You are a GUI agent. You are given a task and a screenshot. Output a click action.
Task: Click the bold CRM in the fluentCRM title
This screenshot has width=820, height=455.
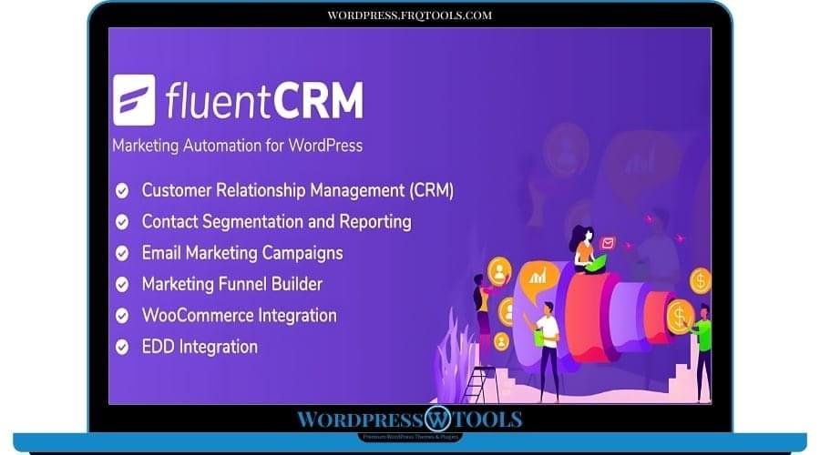(x=313, y=99)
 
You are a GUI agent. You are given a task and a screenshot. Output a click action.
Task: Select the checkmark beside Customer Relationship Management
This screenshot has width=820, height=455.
(x=121, y=191)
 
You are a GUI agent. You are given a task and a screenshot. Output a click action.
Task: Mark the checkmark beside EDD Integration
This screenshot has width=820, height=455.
(x=121, y=347)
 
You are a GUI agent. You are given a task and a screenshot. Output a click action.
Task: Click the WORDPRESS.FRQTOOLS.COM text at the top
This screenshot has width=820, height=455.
(x=410, y=15)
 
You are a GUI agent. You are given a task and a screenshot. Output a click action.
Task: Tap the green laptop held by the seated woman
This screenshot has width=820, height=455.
(x=594, y=264)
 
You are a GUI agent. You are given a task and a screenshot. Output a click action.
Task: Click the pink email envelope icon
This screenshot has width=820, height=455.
(x=608, y=243)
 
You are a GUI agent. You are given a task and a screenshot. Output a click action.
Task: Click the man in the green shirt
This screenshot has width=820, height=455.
(x=702, y=346)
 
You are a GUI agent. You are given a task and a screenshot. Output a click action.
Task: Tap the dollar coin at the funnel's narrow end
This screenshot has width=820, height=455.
(x=680, y=317)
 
